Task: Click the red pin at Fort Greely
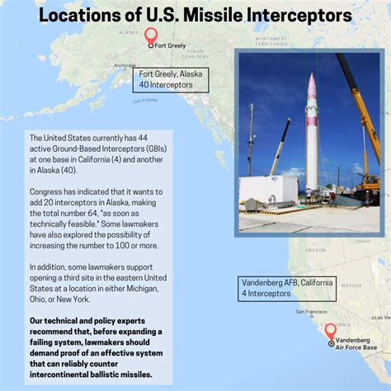[150, 36]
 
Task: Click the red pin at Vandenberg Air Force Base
[330, 332]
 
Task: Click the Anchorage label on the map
[125, 65]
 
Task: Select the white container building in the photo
[268, 191]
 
